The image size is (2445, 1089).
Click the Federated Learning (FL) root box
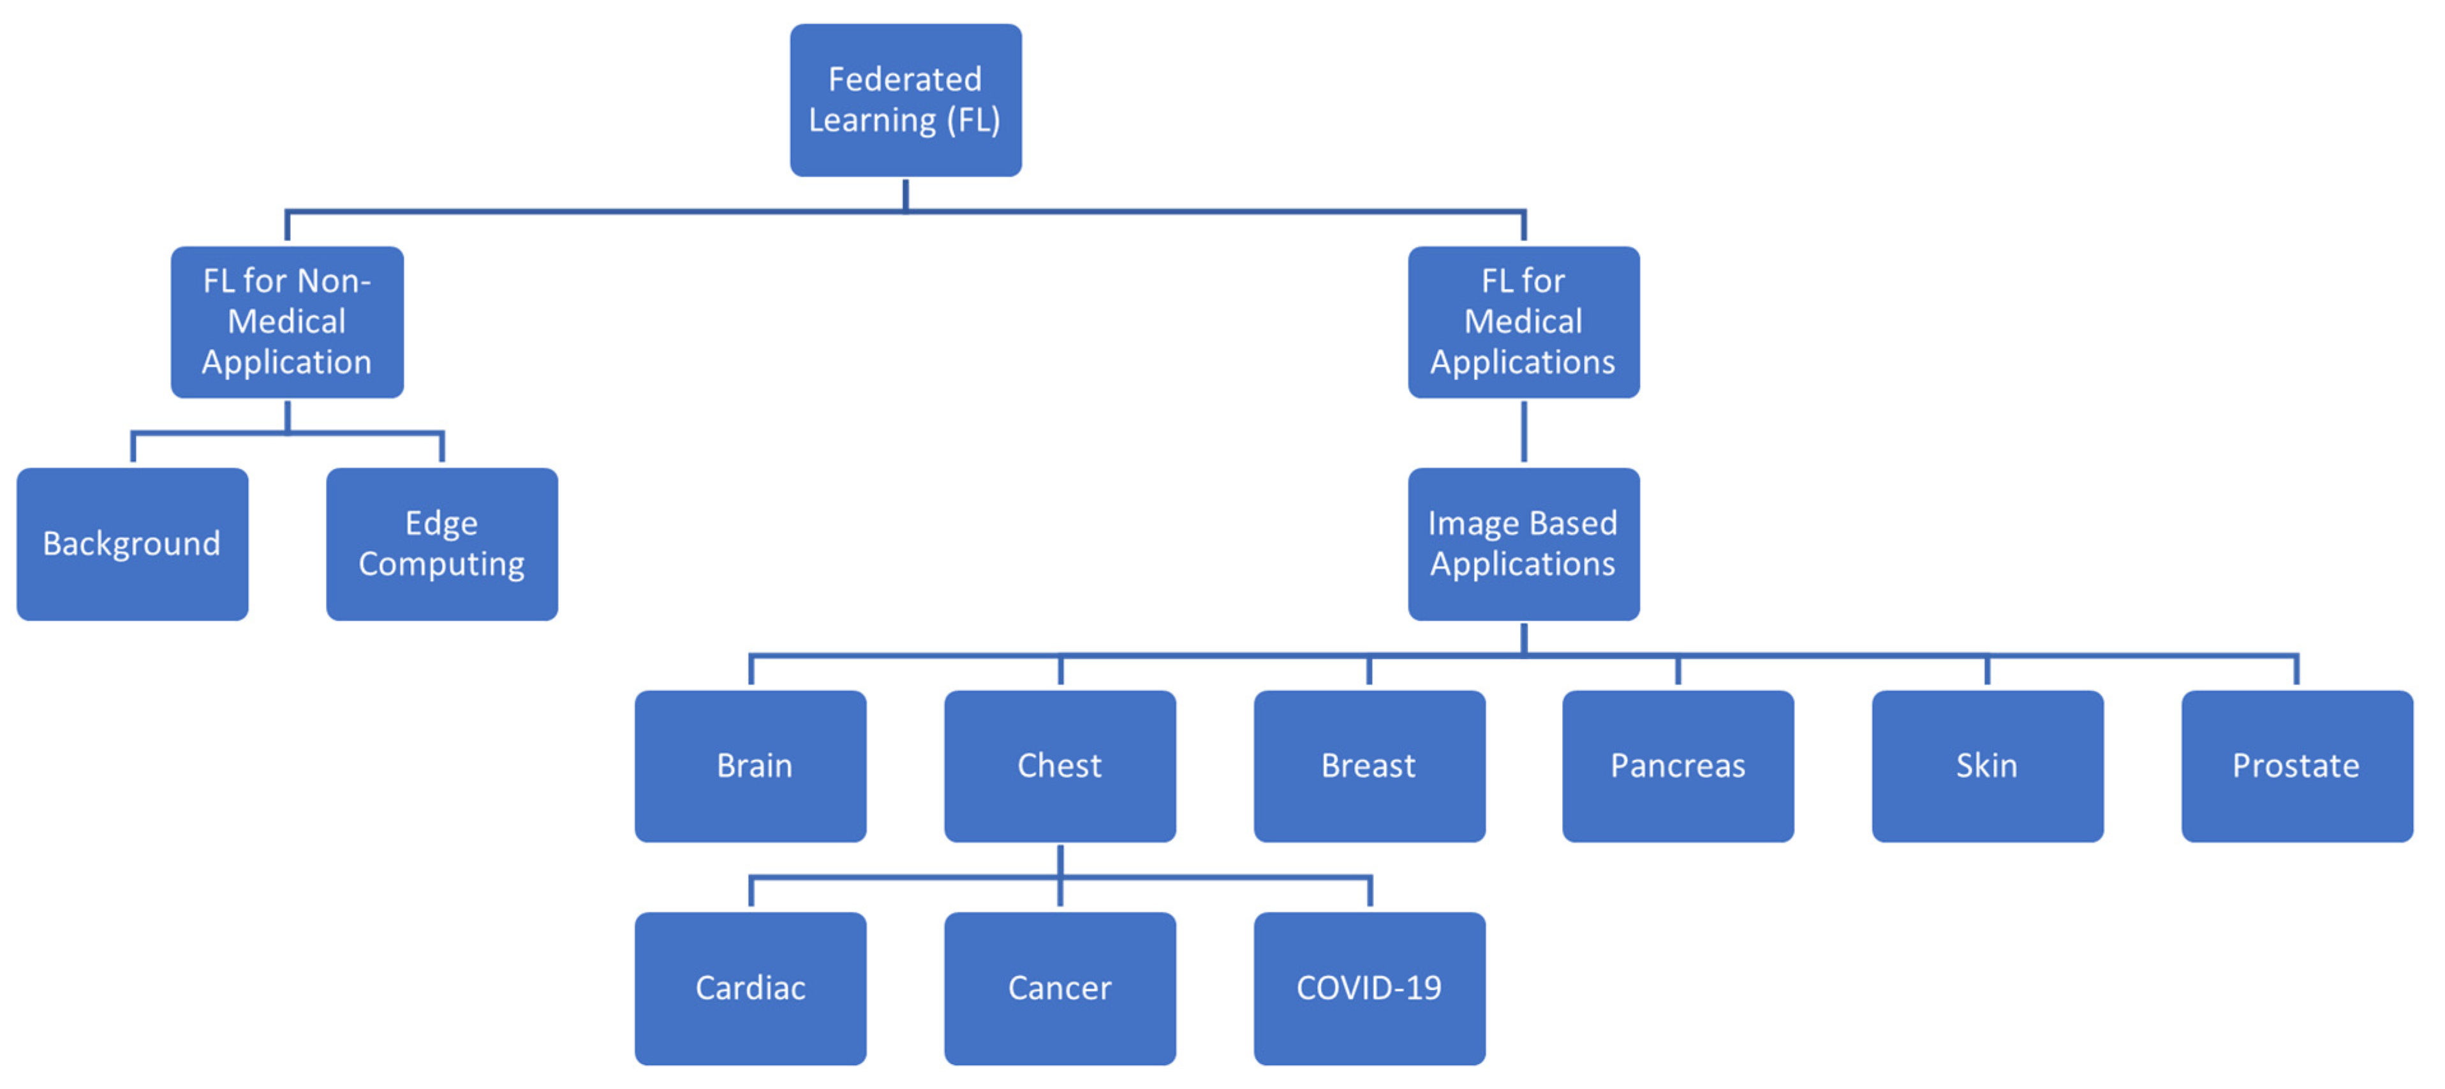[906, 100]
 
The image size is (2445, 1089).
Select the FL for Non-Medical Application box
[286, 322]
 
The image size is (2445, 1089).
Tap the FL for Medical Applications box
[1523, 322]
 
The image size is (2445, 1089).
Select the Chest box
[1060, 766]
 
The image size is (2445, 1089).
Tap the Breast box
[1369, 766]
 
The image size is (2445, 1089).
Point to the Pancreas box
[1677, 766]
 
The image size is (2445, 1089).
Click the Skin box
[1986, 766]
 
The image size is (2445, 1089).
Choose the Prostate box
[2296, 766]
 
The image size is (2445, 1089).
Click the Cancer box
[1060, 988]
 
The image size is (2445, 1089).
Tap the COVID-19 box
[1369, 988]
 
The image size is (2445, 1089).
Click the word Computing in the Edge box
[441, 564]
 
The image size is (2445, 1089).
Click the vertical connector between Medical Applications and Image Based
[1523, 432]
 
